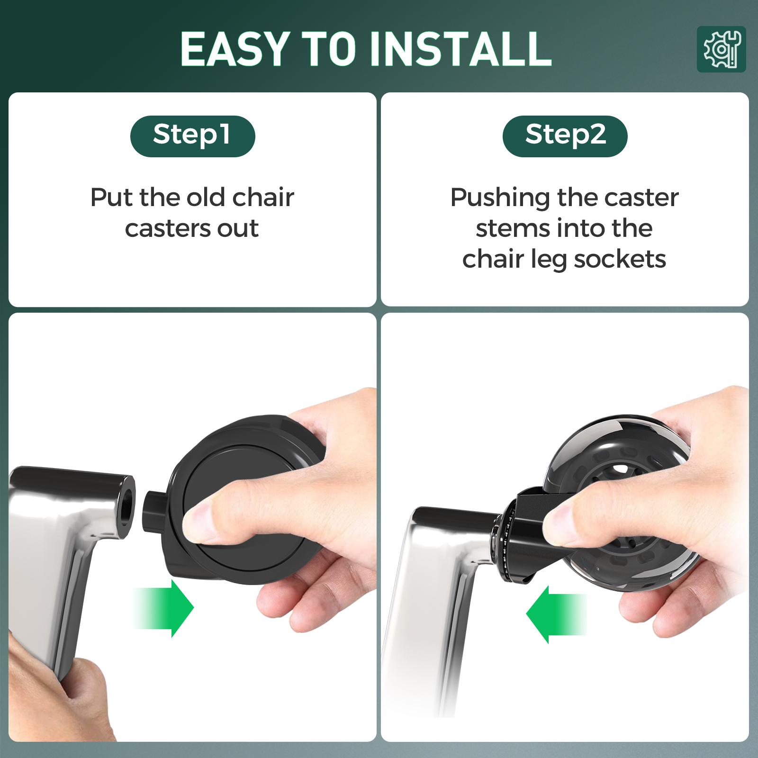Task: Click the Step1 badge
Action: pyautogui.click(x=192, y=136)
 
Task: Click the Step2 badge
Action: pyautogui.click(x=565, y=136)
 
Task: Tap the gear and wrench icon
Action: pyautogui.click(x=721, y=49)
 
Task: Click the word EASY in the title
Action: pyautogui.click(x=234, y=49)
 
